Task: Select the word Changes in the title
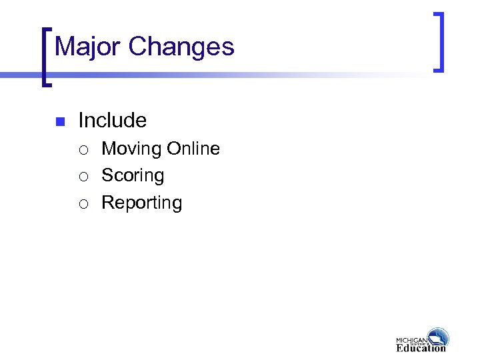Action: coord(181,47)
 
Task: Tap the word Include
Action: coord(112,121)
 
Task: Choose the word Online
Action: coord(193,149)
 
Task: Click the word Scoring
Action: coord(133,176)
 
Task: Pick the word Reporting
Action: coord(141,203)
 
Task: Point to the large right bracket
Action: coord(438,41)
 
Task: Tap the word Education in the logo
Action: coord(421,347)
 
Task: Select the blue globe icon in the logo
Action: coord(438,337)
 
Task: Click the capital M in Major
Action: coord(65,47)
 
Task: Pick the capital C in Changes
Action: coord(137,47)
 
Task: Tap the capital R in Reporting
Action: coord(107,203)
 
